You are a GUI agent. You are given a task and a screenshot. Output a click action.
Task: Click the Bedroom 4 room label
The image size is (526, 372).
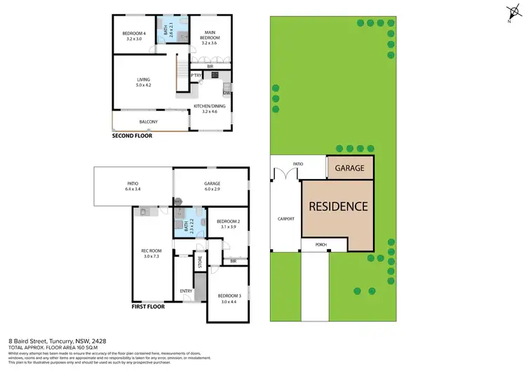tap(133, 36)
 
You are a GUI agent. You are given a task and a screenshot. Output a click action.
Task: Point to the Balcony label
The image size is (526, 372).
tap(148, 122)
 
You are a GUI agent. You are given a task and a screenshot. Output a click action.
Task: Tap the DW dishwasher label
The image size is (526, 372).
tap(227, 93)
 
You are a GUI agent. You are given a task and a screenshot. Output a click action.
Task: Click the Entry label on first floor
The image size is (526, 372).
tap(186, 291)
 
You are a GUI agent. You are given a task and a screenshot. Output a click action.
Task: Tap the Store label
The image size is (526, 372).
tap(200, 263)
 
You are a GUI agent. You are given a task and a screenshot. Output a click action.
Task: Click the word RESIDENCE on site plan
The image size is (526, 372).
tap(339, 206)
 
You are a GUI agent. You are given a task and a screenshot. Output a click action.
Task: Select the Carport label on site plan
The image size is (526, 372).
tap(285, 219)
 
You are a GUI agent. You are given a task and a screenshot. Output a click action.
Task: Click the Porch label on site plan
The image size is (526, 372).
tap(321, 244)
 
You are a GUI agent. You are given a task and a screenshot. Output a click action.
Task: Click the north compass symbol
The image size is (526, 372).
tap(511, 12)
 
